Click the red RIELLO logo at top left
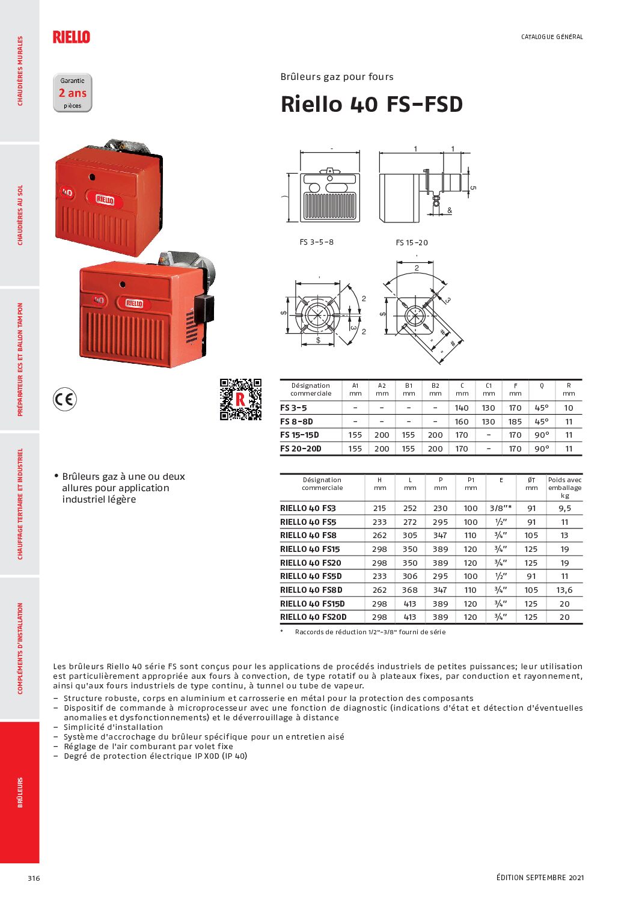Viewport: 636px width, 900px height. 71,37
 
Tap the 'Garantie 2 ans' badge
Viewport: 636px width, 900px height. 73,93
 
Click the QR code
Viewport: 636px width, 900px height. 240,399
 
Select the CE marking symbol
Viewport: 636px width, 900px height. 64,399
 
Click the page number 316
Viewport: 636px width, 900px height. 34,878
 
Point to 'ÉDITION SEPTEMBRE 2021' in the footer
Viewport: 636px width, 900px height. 540,878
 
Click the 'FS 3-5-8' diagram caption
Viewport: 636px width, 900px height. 316,242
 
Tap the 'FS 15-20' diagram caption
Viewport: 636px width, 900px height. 412,243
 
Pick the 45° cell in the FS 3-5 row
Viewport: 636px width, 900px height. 542,408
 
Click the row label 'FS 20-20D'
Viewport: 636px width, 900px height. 301,448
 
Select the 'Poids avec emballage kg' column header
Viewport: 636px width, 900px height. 564,488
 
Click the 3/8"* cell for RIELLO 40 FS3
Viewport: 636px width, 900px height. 500,508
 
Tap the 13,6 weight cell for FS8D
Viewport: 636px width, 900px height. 564,590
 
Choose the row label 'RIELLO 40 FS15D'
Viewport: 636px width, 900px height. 313,604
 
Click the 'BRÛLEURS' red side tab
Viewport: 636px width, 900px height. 20,792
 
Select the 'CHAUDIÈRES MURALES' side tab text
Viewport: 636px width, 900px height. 20,71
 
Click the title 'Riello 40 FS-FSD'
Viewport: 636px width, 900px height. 372,104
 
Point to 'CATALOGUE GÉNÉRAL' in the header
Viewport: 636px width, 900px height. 552,37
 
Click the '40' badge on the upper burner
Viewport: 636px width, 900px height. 66,193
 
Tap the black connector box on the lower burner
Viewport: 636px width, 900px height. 204,308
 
